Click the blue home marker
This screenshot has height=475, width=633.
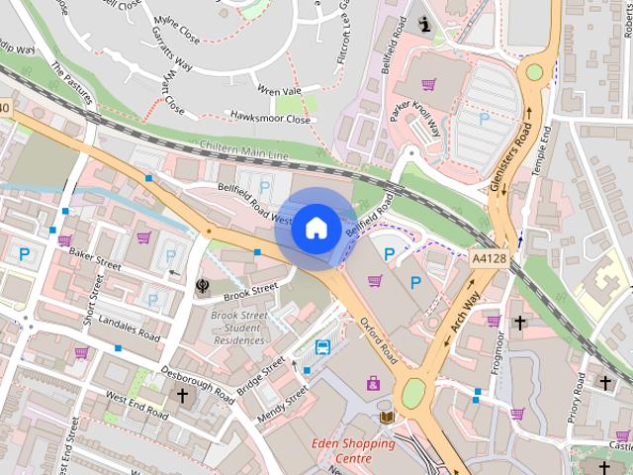pyautogui.click(x=316, y=228)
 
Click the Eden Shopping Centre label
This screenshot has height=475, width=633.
pyautogui.click(x=353, y=451)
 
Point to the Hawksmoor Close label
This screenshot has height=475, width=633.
pyautogui.click(x=269, y=119)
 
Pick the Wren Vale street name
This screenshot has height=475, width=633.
pyautogui.click(x=278, y=91)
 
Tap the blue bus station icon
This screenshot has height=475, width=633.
pyautogui.click(x=322, y=347)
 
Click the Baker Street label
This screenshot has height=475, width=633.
pyautogui.click(x=94, y=260)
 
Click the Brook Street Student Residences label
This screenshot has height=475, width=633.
pyautogui.click(x=238, y=328)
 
